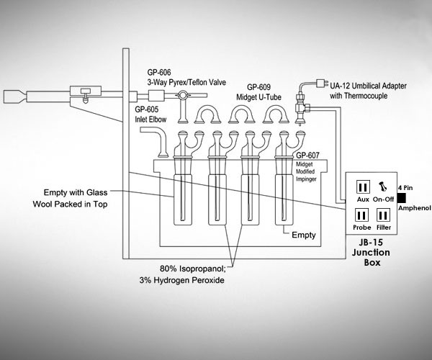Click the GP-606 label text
[x=159, y=73]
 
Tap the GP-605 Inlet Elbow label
[x=150, y=114]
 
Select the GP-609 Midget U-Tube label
[x=258, y=92]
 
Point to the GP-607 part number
[x=307, y=156]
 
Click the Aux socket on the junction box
[x=363, y=187]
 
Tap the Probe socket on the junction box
[x=361, y=215]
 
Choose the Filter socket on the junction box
[x=383, y=215]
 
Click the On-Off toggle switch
[x=383, y=186]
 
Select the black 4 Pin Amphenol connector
[x=402, y=198]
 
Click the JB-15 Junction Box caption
[x=371, y=252]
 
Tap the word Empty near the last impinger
[x=304, y=235]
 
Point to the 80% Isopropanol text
[x=192, y=269]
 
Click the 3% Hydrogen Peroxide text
[x=182, y=280]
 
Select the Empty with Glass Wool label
[x=71, y=198]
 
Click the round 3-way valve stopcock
[x=182, y=95]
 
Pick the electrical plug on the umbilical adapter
[x=320, y=83]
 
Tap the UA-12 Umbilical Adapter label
[x=368, y=91]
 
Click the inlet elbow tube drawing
[x=156, y=140]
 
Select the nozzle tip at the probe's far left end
[x=9, y=96]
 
